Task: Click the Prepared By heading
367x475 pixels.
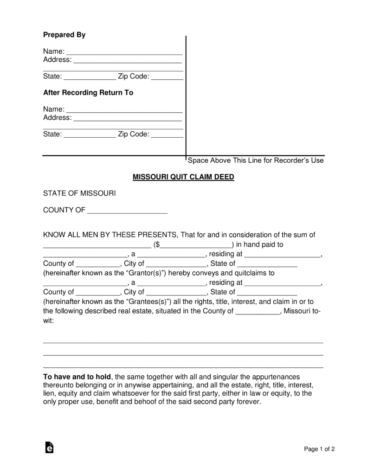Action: pos(64,35)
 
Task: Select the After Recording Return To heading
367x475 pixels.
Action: pos(88,92)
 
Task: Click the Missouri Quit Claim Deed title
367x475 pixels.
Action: pos(183,177)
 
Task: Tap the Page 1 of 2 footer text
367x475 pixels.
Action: pos(319,449)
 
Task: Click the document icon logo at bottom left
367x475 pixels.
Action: pos(49,447)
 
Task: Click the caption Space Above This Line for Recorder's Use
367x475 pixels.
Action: pos(255,160)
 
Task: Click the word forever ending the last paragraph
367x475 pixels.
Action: pos(249,402)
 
